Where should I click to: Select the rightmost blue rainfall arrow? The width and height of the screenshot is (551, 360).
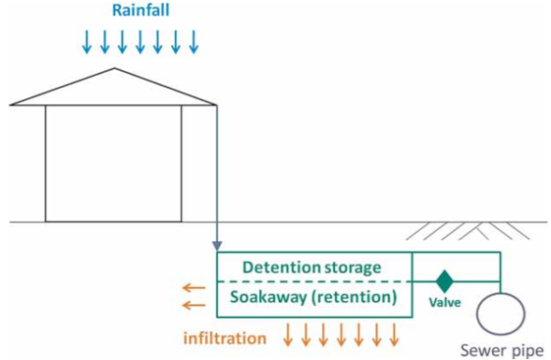[194, 42]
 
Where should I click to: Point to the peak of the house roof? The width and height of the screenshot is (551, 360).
[114, 69]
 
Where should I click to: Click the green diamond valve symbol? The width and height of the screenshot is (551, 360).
[445, 281]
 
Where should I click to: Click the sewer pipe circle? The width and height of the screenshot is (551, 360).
[501, 314]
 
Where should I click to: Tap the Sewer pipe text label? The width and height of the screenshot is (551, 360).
[502, 350]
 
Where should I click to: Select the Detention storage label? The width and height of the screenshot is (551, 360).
[311, 267]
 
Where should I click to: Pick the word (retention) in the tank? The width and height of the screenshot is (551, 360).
[356, 298]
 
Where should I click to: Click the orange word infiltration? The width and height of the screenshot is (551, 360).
[226, 338]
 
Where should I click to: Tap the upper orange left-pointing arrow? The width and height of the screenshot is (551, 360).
[193, 288]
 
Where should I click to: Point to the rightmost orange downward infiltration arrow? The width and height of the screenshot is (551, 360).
[394, 334]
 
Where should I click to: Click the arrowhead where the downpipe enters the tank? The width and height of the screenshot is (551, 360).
[216, 245]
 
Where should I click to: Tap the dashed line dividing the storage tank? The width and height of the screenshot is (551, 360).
[311, 281]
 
